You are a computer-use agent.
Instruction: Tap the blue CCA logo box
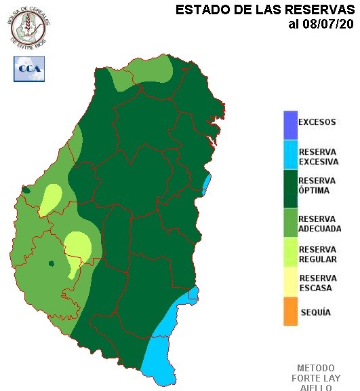coord(28,69)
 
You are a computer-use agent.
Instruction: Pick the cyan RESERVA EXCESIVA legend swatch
coord(290,156)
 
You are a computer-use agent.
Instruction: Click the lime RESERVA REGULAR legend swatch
coord(290,253)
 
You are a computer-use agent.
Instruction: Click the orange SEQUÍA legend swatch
coord(290,312)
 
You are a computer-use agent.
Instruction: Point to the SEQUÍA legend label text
coord(315,312)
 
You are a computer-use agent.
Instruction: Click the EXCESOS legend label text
coord(317,122)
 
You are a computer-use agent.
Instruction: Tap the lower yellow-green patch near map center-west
coord(77,248)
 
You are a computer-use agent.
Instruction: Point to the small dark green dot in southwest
coord(50,263)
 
